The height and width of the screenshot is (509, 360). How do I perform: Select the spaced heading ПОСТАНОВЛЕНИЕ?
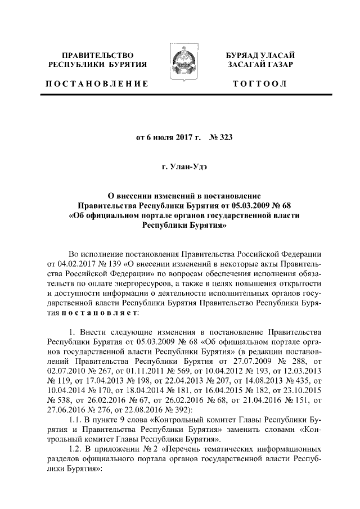click(97, 84)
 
